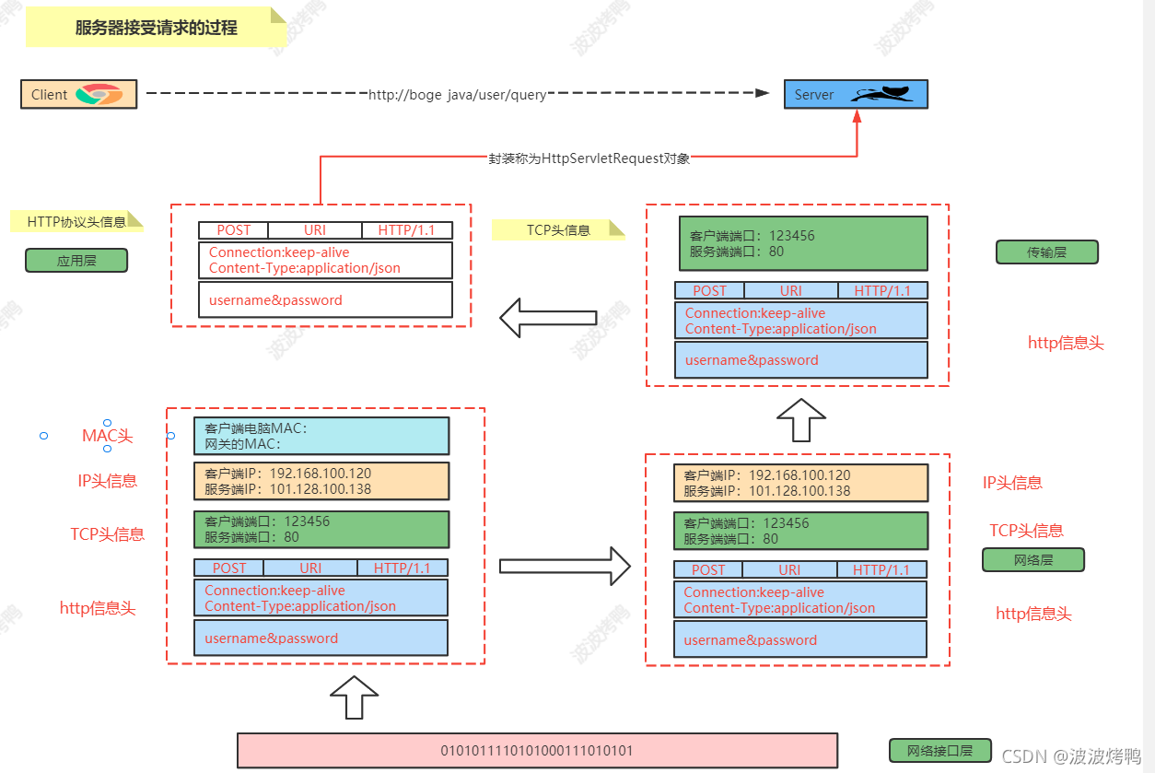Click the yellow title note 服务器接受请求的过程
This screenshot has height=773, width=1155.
[x=156, y=28]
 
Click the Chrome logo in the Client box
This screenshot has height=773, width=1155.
[x=99, y=94]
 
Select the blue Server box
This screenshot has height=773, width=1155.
[x=855, y=94]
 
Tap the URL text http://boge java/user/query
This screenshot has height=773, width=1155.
[x=457, y=94]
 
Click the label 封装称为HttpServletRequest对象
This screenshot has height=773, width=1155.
[x=589, y=158]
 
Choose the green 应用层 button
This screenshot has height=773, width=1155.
[x=76, y=261]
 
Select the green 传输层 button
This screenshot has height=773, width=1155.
[x=1046, y=252]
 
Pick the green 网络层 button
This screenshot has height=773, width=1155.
[x=1032, y=559]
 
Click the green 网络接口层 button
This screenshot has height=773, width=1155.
[x=939, y=750]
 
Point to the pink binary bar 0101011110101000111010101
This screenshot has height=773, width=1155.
[x=537, y=750]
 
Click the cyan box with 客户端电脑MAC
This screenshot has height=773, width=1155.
[x=321, y=436]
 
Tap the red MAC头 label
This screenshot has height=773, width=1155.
[x=108, y=436]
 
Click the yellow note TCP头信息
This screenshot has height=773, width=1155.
[x=558, y=229]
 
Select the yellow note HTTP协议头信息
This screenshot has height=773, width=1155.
[x=77, y=221]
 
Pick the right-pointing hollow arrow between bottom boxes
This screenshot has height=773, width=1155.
[x=565, y=564]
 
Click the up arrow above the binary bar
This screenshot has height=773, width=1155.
[x=354, y=697]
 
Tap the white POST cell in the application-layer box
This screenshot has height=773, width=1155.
[x=233, y=230]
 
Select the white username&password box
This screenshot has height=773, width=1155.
[x=325, y=299]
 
